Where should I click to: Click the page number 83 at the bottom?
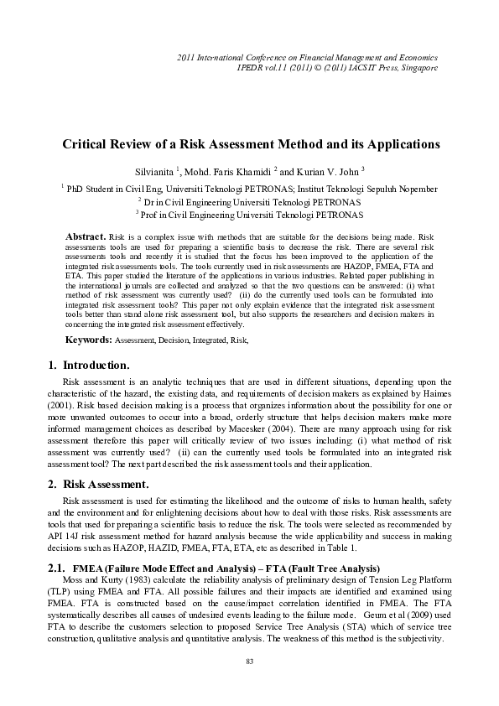[249, 662]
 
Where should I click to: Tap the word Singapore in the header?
[417, 67]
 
